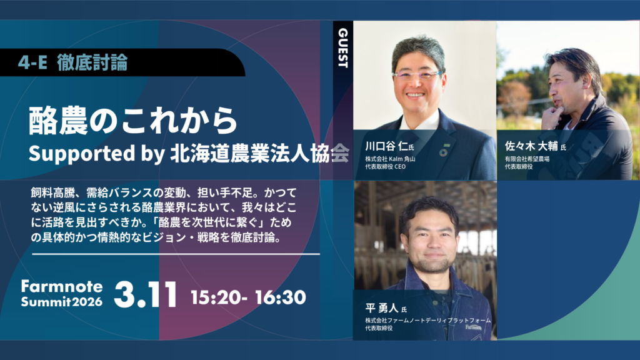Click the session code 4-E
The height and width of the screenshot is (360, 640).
(32, 62)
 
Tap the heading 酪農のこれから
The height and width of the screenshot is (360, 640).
(132, 121)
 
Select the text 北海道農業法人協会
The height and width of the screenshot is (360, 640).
(259, 154)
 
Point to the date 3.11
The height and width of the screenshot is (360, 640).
(145, 294)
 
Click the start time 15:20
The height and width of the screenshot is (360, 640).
(216, 297)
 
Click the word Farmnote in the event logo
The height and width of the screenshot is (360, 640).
(62, 286)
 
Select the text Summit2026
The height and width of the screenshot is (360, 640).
(62, 302)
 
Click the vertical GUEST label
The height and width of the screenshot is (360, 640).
(343, 47)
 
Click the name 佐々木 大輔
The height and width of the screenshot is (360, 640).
(531, 146)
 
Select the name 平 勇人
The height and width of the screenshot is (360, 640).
(382, 308)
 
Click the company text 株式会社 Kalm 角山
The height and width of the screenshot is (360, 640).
(390, 159)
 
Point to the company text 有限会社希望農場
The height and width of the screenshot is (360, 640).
(527, 159)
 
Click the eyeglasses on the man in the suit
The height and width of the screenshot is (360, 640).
(417, 75)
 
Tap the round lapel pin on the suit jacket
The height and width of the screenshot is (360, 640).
(444, 152)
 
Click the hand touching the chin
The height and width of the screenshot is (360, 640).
(552, 116)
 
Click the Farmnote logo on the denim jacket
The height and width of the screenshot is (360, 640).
(474, 327)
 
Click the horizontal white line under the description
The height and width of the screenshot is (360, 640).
(176, 254)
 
